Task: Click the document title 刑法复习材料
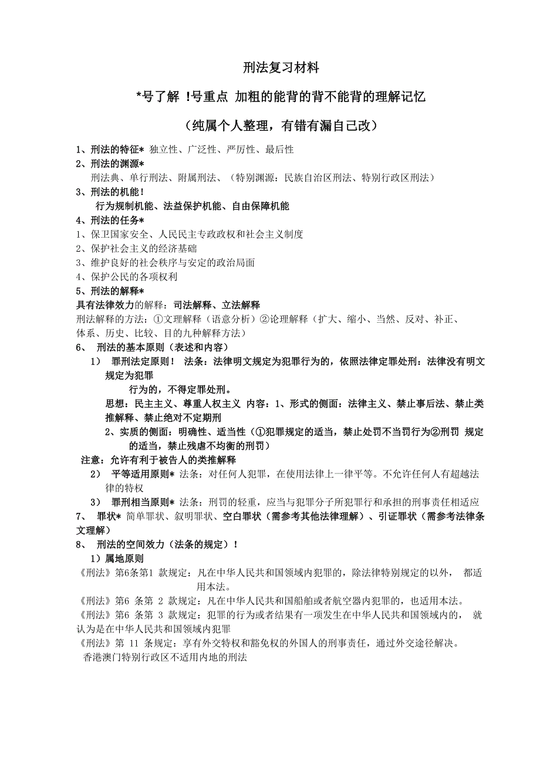coord(281,68)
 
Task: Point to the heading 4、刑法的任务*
coord(110,221)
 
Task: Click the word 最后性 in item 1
coord(279,150)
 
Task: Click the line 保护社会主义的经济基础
coord(132,249)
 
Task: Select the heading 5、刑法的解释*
coord(110,291)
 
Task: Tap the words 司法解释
coord(193,305)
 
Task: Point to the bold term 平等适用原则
coord(141,474)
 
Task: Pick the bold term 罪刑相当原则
coord(141,502)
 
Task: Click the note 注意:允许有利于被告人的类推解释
coord(158,460)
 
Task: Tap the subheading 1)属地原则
coord(116,559)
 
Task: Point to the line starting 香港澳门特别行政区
coord(164,658)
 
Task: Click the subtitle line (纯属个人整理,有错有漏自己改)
coord(281,126)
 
